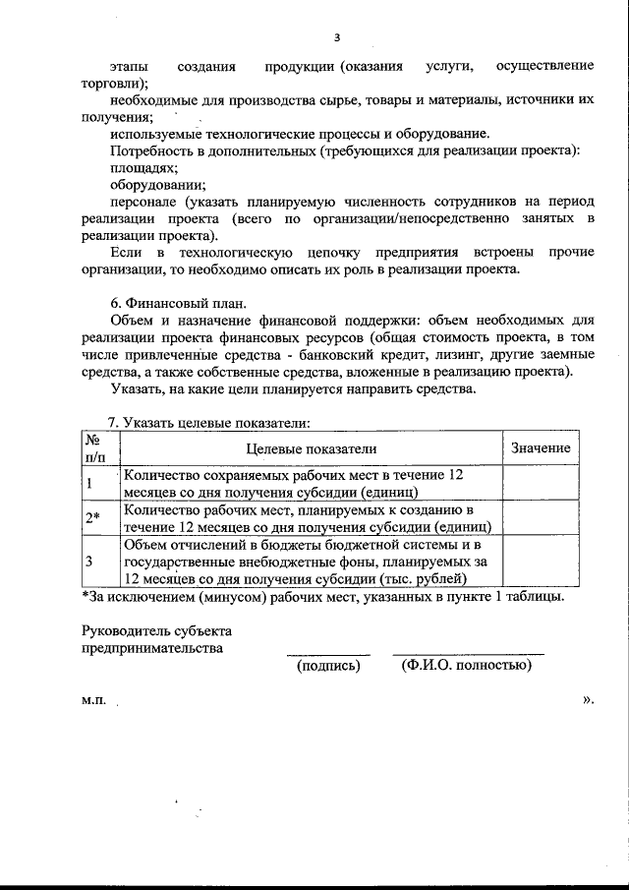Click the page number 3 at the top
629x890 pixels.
point(336,38)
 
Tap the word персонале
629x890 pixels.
point(148,202)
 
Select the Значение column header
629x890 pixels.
point(541,447)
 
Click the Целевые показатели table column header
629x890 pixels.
point(311,447)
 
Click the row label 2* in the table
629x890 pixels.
point(93,518)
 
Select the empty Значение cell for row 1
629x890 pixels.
point(541,483)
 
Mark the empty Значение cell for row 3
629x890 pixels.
point(541,562)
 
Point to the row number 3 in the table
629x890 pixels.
point(90,562)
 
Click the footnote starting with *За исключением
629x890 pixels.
point(322,596)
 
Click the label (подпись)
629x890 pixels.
point(328,666)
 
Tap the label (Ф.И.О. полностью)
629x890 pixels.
point(467,666)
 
